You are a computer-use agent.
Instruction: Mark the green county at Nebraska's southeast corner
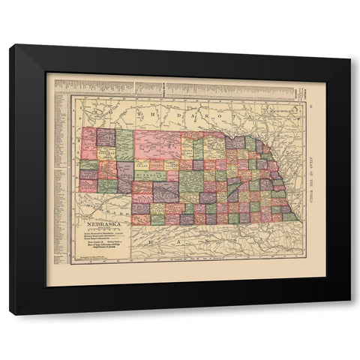(x=289, y=217)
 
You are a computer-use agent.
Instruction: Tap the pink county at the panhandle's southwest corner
(x=88, y=185)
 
